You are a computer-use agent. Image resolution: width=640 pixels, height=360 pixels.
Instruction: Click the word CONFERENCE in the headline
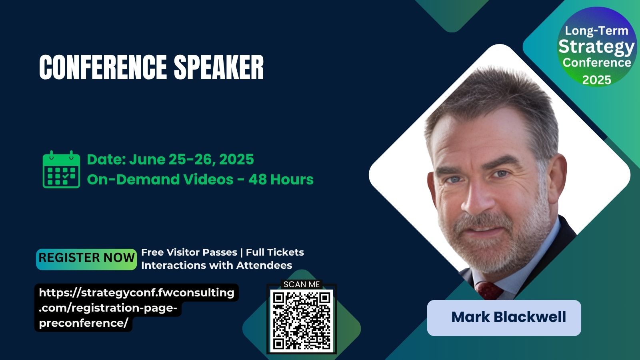(x=103, y=67)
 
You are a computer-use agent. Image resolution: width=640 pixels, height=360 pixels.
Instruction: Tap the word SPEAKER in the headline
(x=219, y=67)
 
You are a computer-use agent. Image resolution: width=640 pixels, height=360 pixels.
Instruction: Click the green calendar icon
(x=61, y=170)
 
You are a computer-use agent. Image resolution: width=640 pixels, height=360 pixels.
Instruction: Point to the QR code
(x=302, y=320)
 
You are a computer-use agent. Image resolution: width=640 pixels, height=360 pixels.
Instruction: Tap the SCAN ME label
(x=302, y=284)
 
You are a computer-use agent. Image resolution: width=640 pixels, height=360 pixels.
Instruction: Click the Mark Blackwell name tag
(x=504, y=318)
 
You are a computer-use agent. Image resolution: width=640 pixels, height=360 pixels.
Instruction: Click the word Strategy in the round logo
(x=596, y=47)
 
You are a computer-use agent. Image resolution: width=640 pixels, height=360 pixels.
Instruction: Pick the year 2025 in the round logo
(x=596, y=80)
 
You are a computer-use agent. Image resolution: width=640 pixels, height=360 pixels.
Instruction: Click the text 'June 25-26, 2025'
(x=192, y=160)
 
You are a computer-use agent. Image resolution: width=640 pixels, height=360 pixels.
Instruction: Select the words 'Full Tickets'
(x=275, y=252)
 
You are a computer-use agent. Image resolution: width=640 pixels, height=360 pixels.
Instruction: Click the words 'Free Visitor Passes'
(x=189, y=252)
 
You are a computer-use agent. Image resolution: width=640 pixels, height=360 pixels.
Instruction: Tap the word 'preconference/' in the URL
(x=84, y=324)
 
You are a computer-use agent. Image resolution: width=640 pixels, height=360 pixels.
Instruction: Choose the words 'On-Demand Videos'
(x=160, y=180)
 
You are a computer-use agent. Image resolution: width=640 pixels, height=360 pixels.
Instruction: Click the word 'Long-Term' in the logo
(x=596, y=30)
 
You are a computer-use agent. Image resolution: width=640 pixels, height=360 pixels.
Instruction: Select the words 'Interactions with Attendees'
(x=216, y=266)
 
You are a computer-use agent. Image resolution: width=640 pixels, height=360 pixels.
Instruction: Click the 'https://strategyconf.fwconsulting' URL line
(x=136, y=293)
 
